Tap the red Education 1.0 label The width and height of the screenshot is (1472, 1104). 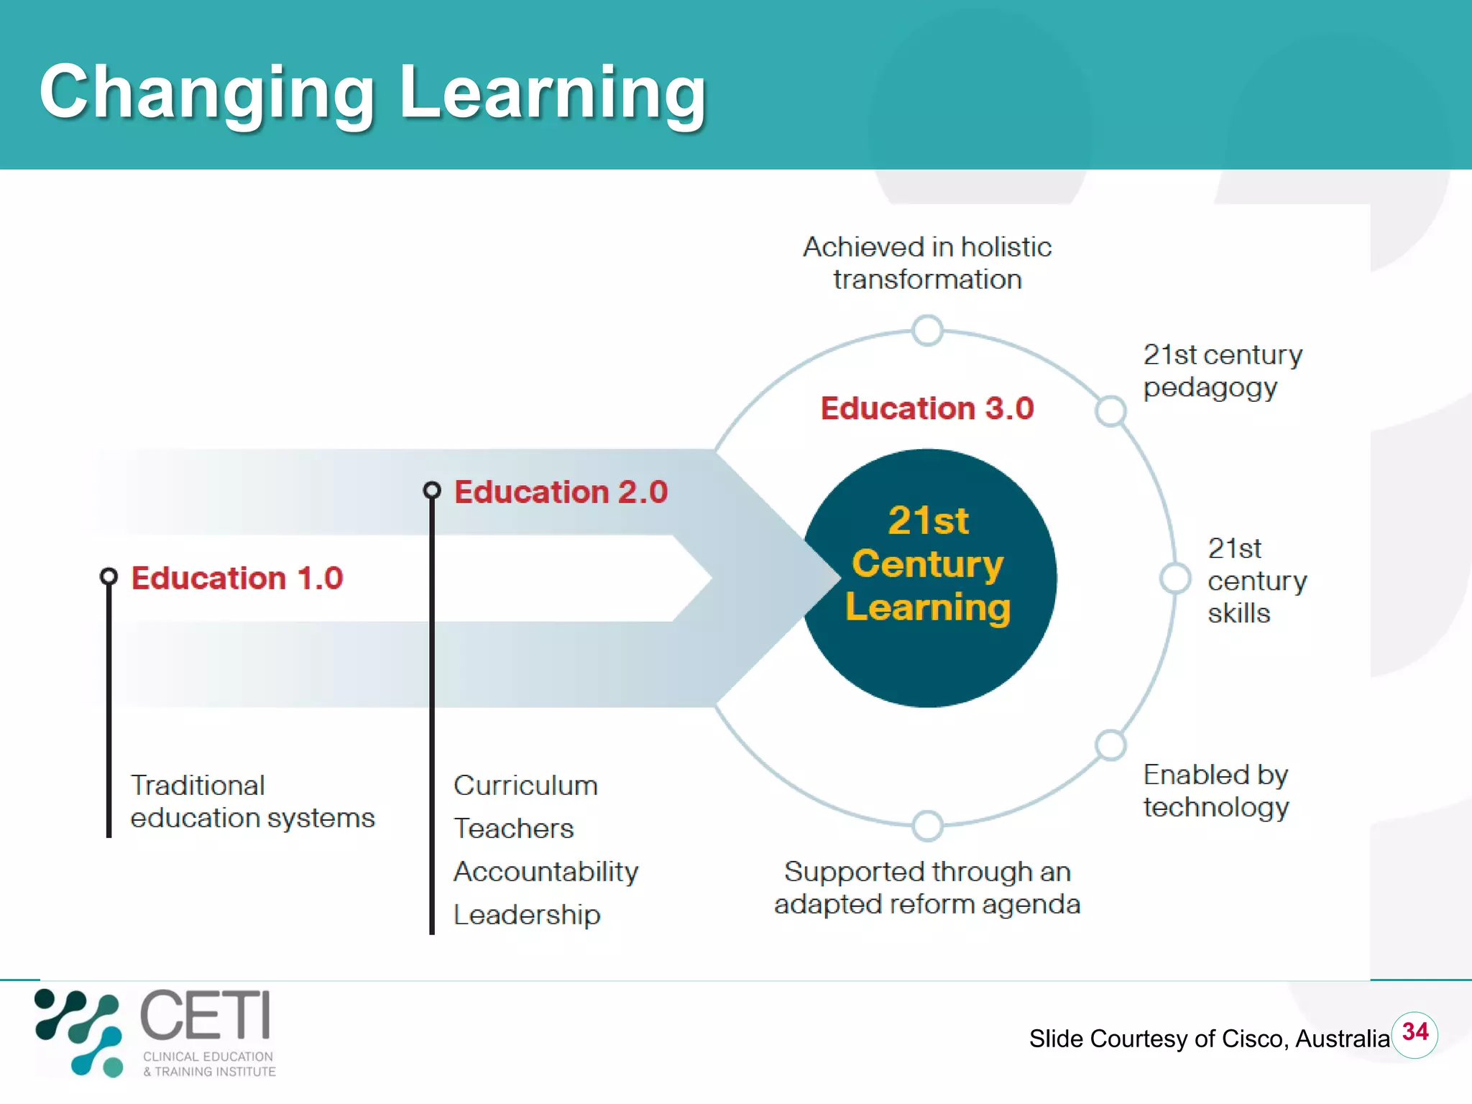point(237,579)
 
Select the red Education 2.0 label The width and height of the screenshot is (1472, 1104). point(561,492)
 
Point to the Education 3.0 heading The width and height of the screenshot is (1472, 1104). point(927,408)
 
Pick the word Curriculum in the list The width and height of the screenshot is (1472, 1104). point(525,786)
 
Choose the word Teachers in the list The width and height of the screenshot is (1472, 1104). point(514,829)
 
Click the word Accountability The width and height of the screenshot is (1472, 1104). point(546,872)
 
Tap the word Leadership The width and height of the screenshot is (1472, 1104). point(527,915)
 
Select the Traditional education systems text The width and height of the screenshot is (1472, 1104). point(252,801)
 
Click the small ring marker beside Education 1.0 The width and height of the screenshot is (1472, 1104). point(109,576)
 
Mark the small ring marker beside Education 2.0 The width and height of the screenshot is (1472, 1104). point(432,490)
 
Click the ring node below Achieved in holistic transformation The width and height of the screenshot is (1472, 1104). point(927,331)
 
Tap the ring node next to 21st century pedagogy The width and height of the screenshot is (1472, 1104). point(1110,411)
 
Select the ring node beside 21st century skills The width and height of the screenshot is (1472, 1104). point(1176,579)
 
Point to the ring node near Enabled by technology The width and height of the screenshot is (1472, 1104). point(1110,745)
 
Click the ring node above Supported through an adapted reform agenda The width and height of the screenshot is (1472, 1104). point(927,826)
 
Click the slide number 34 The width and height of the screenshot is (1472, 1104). point(1414,1033)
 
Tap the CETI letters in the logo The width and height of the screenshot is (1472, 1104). point(206,1015)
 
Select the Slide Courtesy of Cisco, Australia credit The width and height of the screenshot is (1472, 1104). point(1209,1039)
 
